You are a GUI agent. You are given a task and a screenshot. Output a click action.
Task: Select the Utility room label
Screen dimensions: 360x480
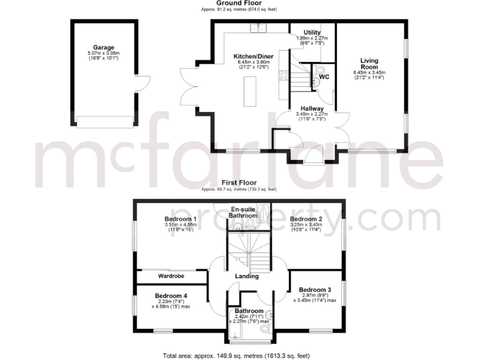coord(312,32)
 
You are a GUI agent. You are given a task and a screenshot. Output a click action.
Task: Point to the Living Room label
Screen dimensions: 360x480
coord(369,64)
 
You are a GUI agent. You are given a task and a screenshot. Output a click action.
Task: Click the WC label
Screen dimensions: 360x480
coord(324,77)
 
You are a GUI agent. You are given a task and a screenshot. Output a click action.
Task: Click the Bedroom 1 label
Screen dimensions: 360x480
coord(181,219)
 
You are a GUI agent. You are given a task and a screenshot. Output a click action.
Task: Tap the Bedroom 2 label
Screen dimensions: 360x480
coord(306,219)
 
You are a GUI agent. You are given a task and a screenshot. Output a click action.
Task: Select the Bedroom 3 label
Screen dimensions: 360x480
coord(314,289)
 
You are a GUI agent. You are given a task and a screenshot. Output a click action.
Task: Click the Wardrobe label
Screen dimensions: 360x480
coord(171,274)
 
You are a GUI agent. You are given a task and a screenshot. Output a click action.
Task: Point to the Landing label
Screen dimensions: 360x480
coord(247,276)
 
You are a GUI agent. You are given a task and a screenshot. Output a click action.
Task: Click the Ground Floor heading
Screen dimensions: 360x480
coord(239,4)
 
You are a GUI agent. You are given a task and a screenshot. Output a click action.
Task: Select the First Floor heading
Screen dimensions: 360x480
coord(239,182)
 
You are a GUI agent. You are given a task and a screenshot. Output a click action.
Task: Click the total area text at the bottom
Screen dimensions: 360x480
coord(239,354)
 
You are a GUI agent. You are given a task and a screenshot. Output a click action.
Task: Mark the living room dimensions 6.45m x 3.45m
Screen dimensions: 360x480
coord(369,74)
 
